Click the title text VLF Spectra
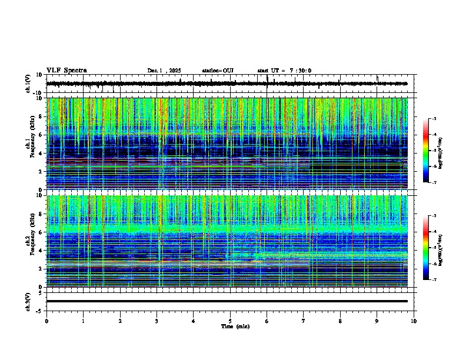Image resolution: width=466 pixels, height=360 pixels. (66, 70)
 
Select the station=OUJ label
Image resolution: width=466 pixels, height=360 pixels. (218, 71)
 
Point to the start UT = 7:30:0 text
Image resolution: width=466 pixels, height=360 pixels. (284, 71)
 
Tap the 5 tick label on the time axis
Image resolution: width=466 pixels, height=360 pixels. (231, 321)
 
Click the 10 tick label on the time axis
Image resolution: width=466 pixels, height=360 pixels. (414, 321)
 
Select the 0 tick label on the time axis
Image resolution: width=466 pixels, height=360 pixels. (46, 321)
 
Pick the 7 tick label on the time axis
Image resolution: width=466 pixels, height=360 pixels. (304, 321)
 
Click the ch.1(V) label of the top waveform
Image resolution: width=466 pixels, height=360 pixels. (28, 84)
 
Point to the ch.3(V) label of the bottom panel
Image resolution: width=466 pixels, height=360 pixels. (28, 301)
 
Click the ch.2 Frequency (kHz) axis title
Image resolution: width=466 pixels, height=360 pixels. (30, 241)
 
